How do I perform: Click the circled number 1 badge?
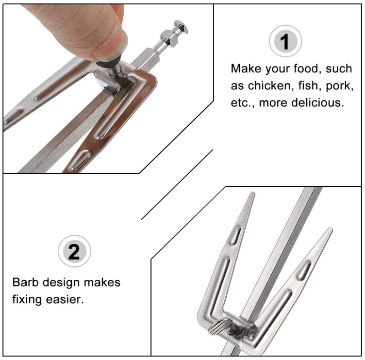(x=285, y=41)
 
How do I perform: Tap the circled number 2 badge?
(x=74, y=251)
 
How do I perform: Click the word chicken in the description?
(x=269, y=86)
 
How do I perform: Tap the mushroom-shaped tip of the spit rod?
(x=181, y=27)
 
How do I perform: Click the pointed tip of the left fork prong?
(x=253, y=192)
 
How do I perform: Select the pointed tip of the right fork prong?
(x=331, y=229)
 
